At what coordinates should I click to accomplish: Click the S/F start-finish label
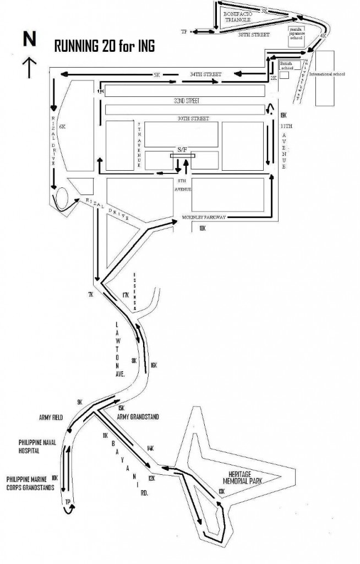pyautogui.click(x=182, y=149)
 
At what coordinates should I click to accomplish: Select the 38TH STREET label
pyautogui.click(x=253, y=34)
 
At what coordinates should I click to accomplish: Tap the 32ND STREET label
pyautogui.click(x=184, y=101)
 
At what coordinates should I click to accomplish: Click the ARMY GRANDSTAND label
pyautogui.click(x=139, y=417)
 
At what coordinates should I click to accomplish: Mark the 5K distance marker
pyautogui.click(x=156, y=74)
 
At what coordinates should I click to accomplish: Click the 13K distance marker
pyautogui.click(x=222, y=491)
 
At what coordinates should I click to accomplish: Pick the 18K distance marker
pyautogui.click(x=202, y=228)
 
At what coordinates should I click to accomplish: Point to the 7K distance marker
pyautogui.click(x=90, y=295)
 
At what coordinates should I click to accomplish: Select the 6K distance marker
pyautogui.click(x=62, y=126)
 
